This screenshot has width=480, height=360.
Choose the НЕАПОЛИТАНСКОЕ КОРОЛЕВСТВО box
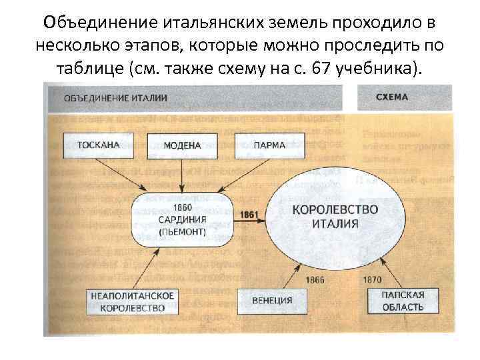tap(133, 301)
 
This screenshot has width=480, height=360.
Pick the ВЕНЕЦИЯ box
tap(272, 301)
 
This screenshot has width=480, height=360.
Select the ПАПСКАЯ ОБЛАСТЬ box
tap(403, 301)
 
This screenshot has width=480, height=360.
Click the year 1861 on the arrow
tap(248, 215)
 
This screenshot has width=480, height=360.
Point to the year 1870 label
tap(372, 279)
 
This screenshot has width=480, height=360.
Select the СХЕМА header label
tap(392, 97)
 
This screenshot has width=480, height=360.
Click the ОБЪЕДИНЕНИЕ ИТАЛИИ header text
tap(115, 98)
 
